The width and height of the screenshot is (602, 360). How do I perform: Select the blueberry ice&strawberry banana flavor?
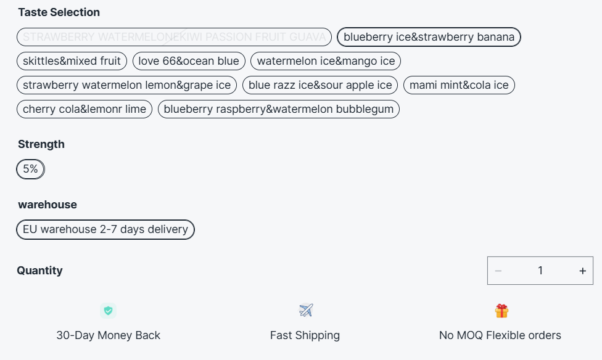coord(429,37)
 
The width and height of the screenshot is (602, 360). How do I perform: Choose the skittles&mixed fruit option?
coord(72,61)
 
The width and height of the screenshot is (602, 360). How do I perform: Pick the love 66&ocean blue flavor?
coord(189,61)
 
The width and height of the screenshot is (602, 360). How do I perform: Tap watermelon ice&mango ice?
coord(326,61)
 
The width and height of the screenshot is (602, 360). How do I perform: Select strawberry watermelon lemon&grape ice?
coord(126,85)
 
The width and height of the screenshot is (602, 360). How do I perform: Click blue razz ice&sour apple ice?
coord(320,85)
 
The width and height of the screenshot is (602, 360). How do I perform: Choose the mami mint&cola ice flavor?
coord(459,85)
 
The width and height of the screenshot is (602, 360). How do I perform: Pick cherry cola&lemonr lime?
coord(85,109)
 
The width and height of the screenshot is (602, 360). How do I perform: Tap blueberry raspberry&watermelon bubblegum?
coord(279,109)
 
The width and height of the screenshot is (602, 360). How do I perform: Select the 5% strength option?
coord(30,169)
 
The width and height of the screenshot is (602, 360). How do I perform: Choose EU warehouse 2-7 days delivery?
coord(105,229)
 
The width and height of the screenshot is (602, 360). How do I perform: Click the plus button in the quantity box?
coord(582,271)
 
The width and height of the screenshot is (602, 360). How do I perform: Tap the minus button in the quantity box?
coord(498,271)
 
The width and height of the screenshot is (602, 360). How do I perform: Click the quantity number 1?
coord(540,271)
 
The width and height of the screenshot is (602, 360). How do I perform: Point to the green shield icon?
coord(108,311)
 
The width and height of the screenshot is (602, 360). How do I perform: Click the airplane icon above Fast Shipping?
coord(305,310)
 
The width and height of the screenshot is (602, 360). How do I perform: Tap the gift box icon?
coord(501,311)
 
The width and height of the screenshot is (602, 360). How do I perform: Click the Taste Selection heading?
coord(59,12)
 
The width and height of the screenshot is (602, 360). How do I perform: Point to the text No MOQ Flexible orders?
coord(500,335)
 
